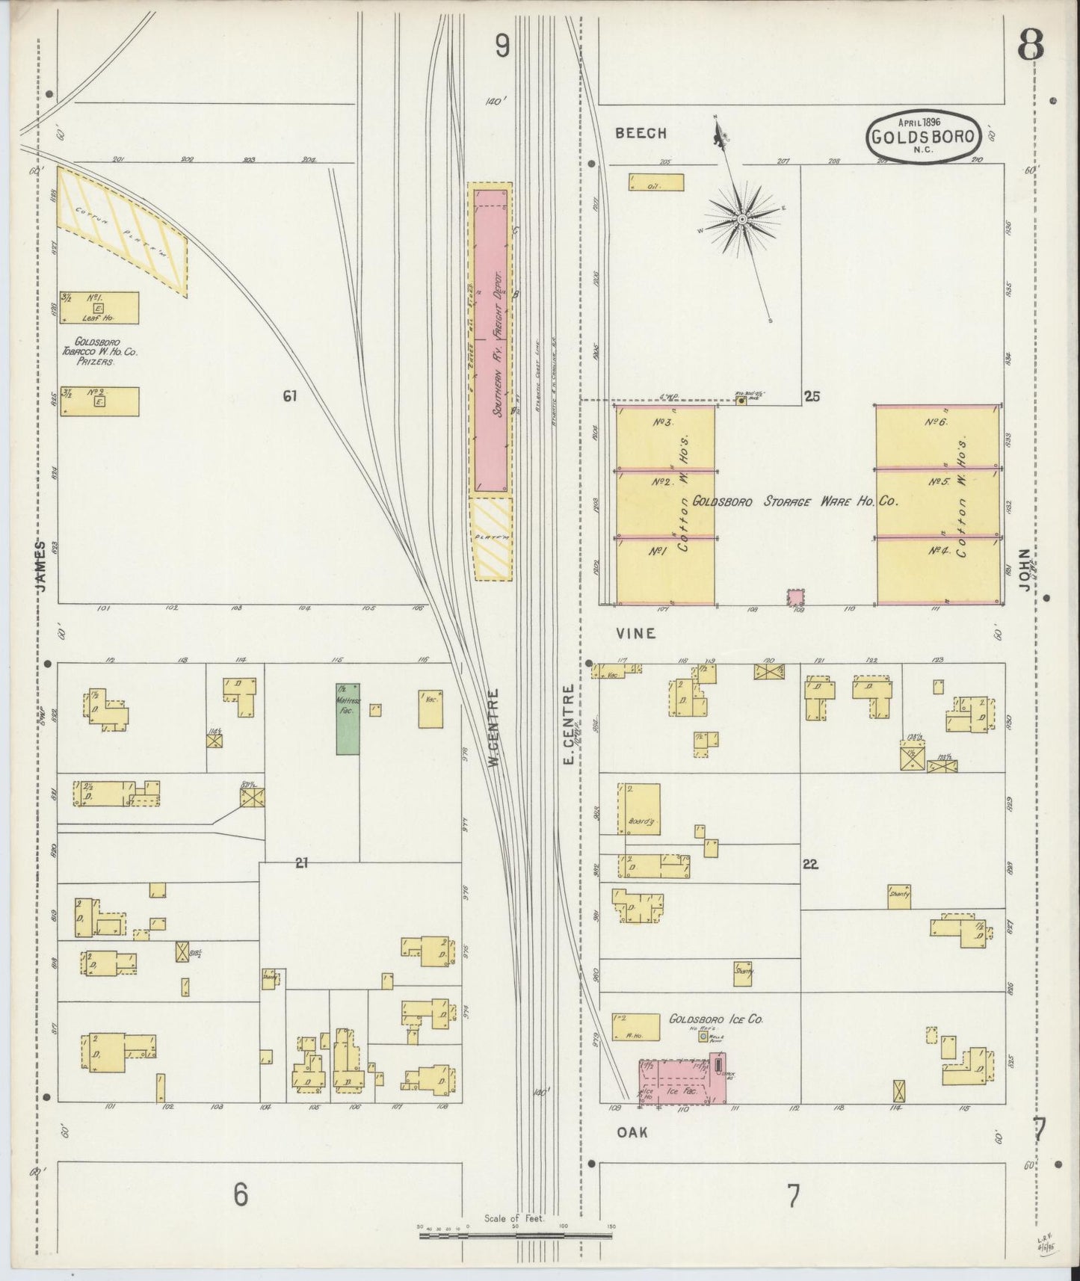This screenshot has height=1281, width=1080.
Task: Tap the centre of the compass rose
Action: click(x=742, y=219)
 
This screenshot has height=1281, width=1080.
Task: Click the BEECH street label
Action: click(x=641, y=133)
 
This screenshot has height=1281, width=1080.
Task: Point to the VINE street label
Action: click(x=636, y=633)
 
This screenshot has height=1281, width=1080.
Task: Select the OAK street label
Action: click(x=632, y=1132)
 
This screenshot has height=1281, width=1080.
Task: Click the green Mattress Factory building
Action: click(x=348, y=718)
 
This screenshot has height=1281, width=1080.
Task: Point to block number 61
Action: click(x=289, y=396)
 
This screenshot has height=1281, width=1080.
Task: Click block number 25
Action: click(x=812, y=396)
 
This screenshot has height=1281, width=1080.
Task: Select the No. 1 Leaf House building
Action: click(x=99, y=307)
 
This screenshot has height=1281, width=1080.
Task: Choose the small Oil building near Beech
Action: click(x=656, y=183)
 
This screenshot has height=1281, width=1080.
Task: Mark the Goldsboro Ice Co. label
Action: click(x=715, y=1019)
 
